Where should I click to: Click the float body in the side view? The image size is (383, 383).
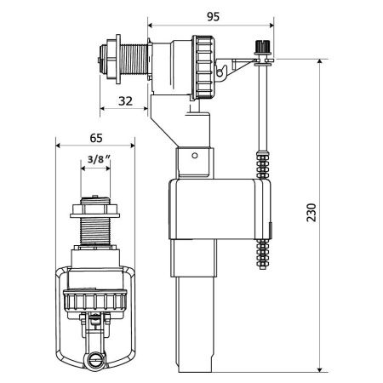[213, 209]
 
